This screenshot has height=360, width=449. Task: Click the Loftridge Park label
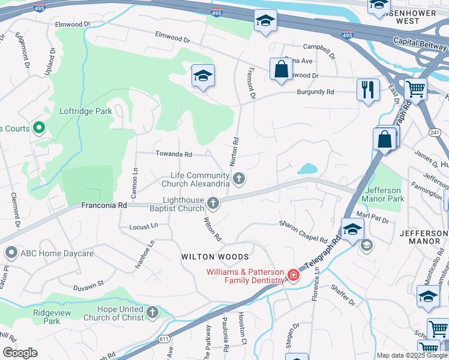click(x=86, y=111)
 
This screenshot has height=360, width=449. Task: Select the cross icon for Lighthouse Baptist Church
click(x=213, y=203)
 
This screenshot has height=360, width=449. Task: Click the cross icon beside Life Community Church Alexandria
click(x=239, y=178)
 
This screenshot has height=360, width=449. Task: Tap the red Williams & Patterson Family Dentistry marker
click(x=294, y=275)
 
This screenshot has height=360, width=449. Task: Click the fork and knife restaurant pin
click(x=366, y=90)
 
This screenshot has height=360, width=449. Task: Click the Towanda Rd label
click(x=173, y=154)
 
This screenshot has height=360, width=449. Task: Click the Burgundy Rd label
click(x=315, y=92)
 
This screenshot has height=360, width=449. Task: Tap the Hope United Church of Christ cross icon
click(x=152, y=313)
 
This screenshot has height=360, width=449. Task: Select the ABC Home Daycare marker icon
click(x=10, y=253)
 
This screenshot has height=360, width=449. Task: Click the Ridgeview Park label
click(x=52, y=317)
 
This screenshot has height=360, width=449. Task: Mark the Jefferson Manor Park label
click(x=384, y=194)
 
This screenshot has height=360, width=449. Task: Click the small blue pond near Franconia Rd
click(x=307, y=169)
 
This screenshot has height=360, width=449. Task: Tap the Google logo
click(x=20, y=353)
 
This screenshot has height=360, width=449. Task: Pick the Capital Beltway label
click(x=420, y=43)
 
